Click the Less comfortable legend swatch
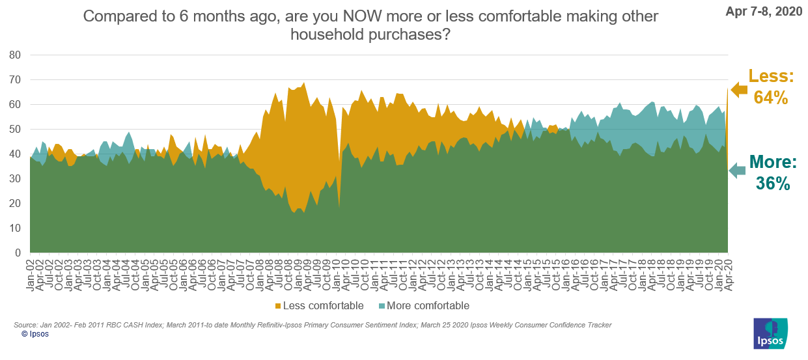(x=279, y=306)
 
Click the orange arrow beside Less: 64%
(x=738, y=90)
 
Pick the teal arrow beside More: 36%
(x=736, y=171)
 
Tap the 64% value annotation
(x=771, y=98)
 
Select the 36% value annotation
(x=773, y=184)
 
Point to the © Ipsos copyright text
(x=35, y=334)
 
